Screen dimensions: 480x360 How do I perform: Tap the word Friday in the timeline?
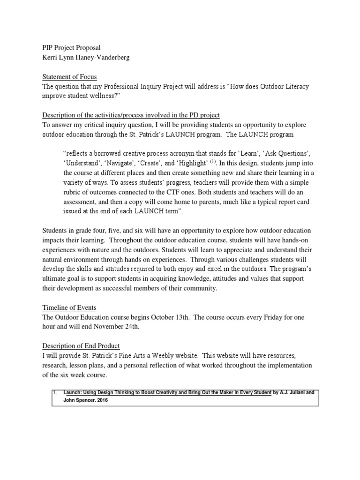(x=263, y=317)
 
